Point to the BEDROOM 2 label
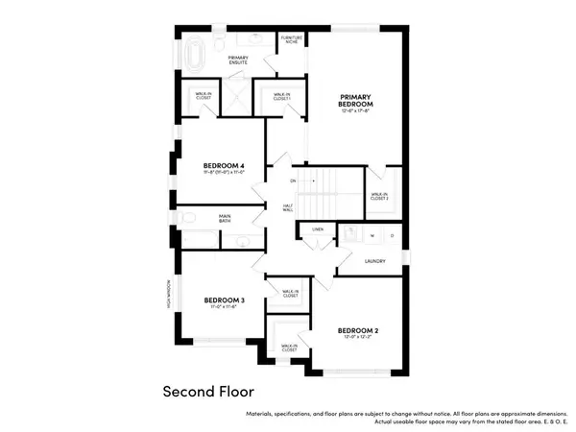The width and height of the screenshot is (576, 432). point(358,332)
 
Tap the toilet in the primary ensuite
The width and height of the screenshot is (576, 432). point(220,43)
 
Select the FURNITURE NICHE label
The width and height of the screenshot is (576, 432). point(290,39)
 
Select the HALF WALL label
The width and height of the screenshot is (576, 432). point(288,208)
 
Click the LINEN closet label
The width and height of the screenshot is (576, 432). point(317,229)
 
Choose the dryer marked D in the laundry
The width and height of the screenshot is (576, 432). point(392,234)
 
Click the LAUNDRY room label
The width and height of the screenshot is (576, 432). point(374,259)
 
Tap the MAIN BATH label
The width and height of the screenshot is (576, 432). point(225,219)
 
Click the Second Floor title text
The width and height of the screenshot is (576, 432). point(205,393)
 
